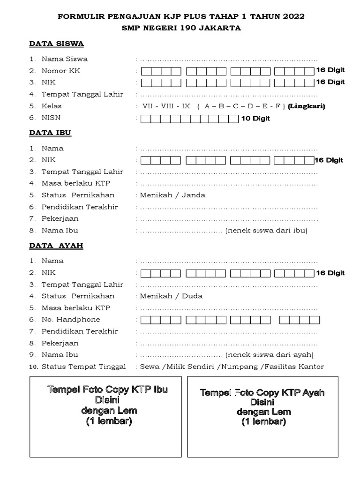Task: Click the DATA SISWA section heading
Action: point(56,44)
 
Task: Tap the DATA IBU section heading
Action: point(50,133)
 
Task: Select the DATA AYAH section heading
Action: point(56,245)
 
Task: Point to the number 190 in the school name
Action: point(188,28)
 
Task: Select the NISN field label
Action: point(51,118)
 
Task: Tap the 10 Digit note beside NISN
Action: point(255,119)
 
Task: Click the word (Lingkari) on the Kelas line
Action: point(307,106)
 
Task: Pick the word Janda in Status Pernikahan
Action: point(195,195)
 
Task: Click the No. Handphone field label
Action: point(71,320)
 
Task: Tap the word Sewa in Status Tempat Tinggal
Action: point(150,367)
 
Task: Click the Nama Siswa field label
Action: point(65,59)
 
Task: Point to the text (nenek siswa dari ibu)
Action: point(266,230)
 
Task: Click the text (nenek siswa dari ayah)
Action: point(270,354)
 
